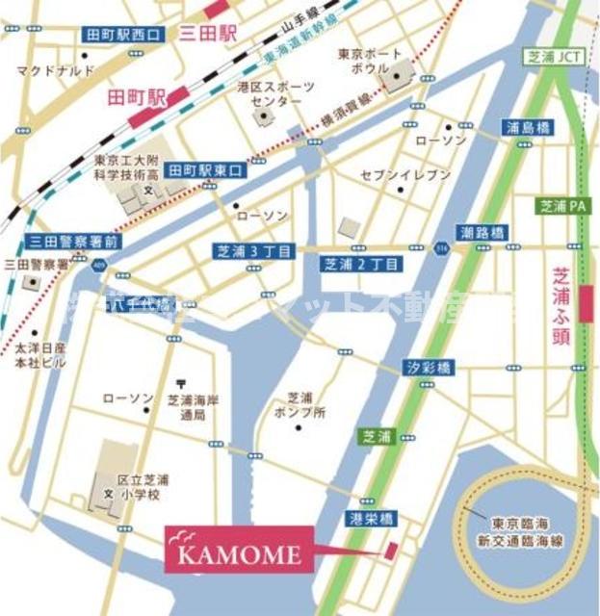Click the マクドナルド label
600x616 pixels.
click(x=55, y=70)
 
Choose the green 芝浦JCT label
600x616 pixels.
click(x=550, y=56)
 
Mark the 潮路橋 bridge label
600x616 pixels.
click(x=484, y=233)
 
